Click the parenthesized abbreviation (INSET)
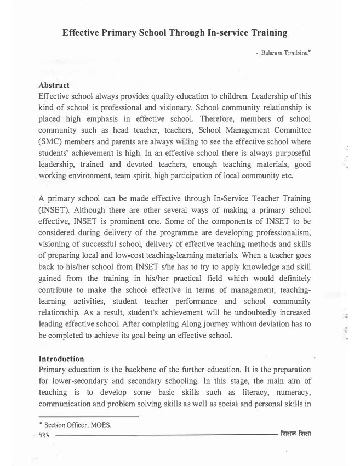pos(56,209)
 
